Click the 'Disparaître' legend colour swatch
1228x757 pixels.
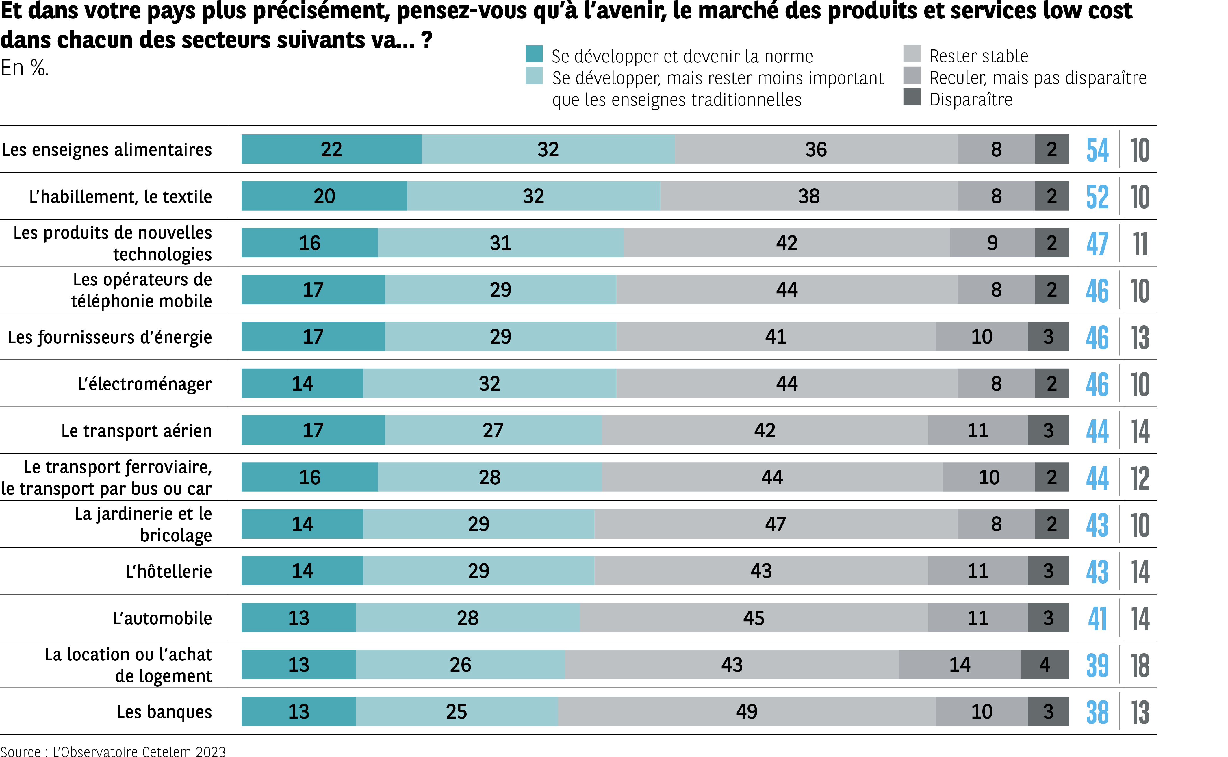912,97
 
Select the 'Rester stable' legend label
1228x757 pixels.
979,56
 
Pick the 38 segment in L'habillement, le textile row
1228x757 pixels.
808,196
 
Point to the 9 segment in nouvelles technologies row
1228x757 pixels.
992,243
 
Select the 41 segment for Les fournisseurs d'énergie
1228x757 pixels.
776,336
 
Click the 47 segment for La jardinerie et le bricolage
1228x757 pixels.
776,524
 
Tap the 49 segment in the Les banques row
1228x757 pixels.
746,711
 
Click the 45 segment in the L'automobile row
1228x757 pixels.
754,618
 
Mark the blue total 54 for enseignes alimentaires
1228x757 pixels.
1097,150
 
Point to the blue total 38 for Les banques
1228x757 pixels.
1097,713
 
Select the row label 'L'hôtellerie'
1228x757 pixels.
169,571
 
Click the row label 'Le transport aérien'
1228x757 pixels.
137,431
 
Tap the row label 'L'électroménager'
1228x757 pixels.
145,384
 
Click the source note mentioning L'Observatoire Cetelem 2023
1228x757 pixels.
113,751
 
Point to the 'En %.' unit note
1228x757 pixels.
25,68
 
